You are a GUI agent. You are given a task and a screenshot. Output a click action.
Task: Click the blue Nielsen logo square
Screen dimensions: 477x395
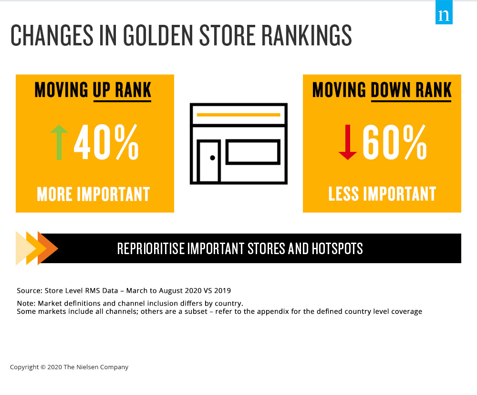[444, 12]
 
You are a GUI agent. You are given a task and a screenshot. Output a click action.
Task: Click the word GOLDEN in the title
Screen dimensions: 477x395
[157, 35]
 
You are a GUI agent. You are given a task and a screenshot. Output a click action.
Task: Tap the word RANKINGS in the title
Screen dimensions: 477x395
[307, 35]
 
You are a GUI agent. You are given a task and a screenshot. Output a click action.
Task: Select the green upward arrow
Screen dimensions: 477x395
[59, 142]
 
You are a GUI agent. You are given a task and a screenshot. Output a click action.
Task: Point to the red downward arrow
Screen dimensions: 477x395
[348, 142]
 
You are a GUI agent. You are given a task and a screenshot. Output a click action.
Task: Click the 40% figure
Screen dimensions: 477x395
[106, 142]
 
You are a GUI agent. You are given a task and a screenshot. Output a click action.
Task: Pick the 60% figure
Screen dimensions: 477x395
[395, 142]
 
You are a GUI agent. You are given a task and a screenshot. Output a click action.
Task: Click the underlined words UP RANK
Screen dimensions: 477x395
[122, 90]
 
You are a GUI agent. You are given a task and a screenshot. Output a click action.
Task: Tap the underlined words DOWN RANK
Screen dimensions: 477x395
[411, 90]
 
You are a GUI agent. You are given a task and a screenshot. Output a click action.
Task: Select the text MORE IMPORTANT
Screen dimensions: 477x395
[93, 194]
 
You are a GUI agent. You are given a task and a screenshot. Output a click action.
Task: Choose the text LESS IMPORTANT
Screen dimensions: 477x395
[382, 194]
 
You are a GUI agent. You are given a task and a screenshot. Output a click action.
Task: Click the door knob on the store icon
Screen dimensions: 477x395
[213, 158]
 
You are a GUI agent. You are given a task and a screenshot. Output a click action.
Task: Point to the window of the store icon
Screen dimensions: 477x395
[253, 152]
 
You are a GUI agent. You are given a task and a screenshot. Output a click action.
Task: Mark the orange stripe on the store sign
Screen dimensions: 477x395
[238, 115]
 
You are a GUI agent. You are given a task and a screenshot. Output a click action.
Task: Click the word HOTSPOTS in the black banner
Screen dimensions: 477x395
[337, 248]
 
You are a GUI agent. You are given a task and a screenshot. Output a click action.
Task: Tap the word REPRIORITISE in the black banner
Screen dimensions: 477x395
[151, 248]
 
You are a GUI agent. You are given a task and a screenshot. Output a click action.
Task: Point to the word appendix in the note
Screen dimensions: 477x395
[273, 312]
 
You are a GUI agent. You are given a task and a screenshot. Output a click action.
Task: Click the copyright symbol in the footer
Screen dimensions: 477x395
[43, 367]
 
